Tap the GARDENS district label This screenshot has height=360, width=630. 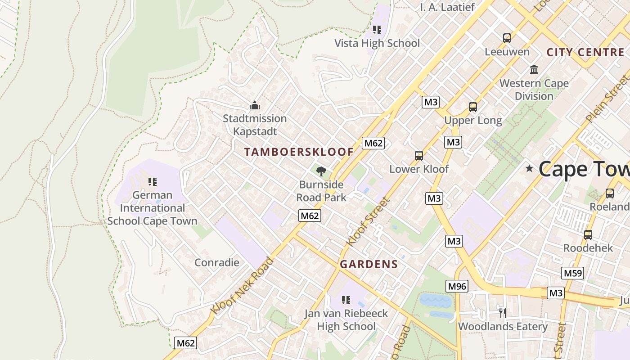coord(369,264)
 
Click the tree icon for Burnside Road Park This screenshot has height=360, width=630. coord(321,171)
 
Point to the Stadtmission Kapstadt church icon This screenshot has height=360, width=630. coord(255,106)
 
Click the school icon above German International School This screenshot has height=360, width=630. coord(153,182)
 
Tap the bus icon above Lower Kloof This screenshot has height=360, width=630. coord(419,156)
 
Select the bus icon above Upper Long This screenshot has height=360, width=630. coord(473,107)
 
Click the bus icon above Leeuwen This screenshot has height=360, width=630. coord(507,38)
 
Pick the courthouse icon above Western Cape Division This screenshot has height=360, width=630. coord(534,70)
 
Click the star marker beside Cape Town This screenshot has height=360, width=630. coord(530,169)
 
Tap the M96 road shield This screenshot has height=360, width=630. coord(457,286)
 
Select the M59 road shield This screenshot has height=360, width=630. coord(573,273)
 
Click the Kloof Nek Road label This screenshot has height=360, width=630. coord(242,286)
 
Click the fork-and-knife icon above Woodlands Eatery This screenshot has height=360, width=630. coord(503,313)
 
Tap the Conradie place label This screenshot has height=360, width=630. coord(217,262)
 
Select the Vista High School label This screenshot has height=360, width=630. coord(377,43)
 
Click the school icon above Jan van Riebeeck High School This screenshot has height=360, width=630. coord(346,300)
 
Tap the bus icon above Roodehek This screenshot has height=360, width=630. coord(588,234)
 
